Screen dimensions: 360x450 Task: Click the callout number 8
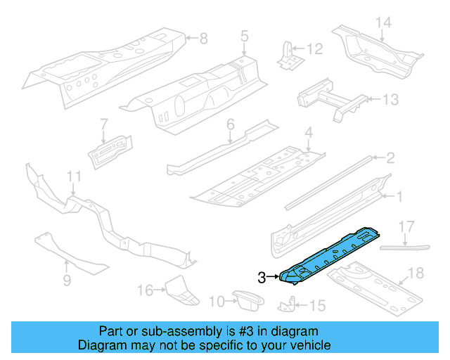tap(203, 37)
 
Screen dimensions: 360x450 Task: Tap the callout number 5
tap(244, 34)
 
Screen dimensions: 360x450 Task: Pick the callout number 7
tap(103, 124)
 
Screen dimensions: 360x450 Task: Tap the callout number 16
tap(145, 290)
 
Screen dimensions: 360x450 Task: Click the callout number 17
tap(406, 226)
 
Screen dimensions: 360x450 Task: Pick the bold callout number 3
tap(262, 278)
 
